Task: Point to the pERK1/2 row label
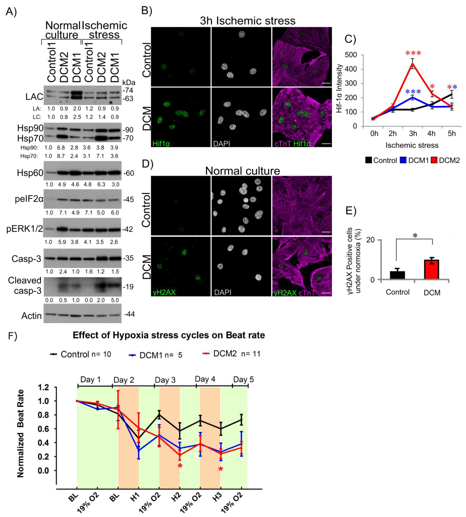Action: (x=25, y=229)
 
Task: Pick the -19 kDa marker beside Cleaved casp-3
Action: (x=128, y=287)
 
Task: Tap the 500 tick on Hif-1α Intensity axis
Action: (x=351, y=55)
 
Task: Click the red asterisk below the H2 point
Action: (x=180, y=466)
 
